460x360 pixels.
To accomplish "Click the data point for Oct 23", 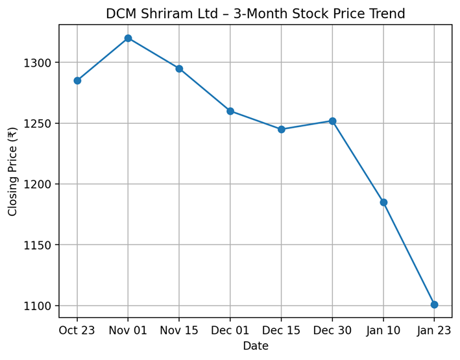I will (77, 80).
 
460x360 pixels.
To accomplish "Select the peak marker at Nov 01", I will (128, 38).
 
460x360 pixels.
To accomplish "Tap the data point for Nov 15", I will (179, 69).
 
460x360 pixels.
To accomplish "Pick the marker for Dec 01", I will (230, 111).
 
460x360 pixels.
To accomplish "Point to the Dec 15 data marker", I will (282, 129).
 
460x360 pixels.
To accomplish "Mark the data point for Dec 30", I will (332, 121).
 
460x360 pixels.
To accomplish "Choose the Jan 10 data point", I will (383, 202).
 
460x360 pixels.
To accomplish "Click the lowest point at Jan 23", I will (434, 304).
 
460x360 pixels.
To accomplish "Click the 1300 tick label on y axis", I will (40, 63).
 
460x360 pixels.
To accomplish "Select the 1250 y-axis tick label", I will (40, 123).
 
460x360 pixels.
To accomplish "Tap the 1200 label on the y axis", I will (40, 184).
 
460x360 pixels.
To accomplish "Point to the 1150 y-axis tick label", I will (40, 245).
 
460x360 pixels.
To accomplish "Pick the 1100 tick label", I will (40, 306).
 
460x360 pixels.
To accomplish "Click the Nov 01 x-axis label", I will (128, 331).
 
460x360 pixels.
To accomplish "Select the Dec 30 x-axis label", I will (332, 331).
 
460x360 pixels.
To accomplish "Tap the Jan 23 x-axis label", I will (434, 331).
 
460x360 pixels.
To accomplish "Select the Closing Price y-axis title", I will (12, 171).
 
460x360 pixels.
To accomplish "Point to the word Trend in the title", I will (386, 14).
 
